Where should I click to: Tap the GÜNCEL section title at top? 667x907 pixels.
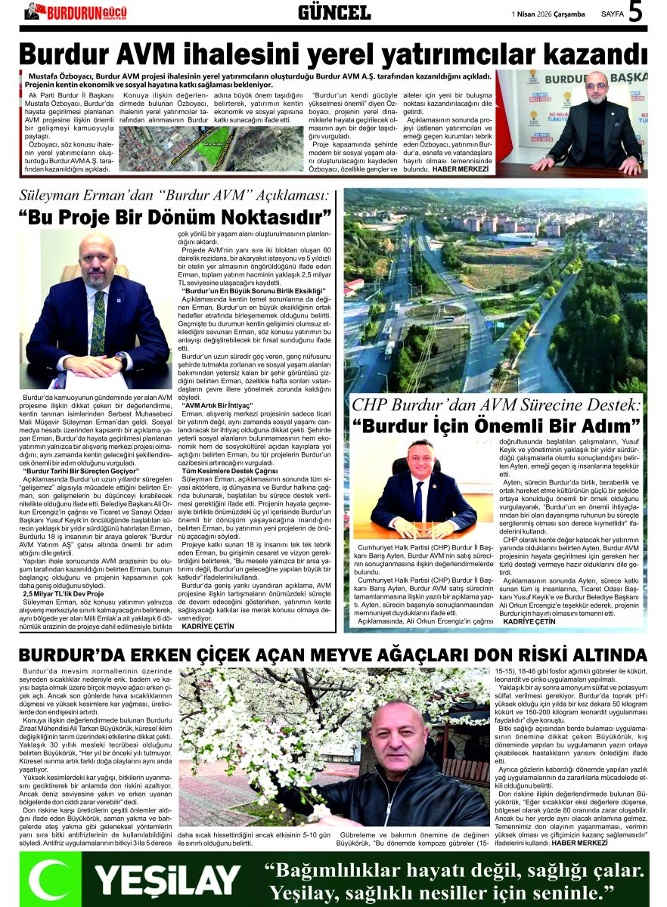click(333, 12)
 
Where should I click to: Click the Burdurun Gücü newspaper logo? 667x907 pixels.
click(76, 11)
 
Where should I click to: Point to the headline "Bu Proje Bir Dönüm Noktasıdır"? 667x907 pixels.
click(175, 218)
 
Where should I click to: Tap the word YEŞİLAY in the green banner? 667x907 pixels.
click(167, 880)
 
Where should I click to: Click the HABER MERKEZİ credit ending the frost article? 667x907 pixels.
click(579, 841)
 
